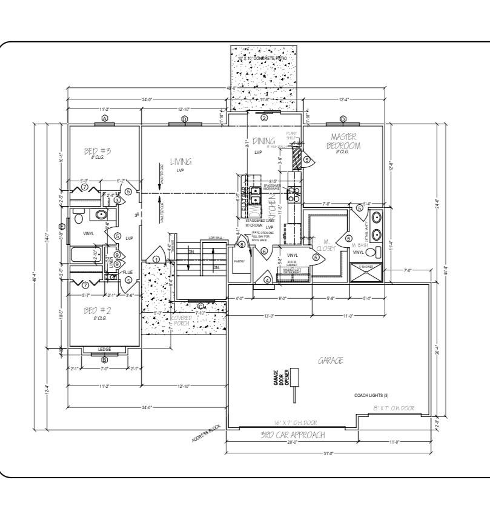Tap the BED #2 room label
[x=97, y=311]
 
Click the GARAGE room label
[x=331, y=360]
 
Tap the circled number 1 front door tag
[x=156, y=259]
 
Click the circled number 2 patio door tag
[x=264, y=118]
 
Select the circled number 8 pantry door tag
[x=242, y=245]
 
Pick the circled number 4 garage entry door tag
[x=267, y=279]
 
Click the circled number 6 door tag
[x=265, y=251]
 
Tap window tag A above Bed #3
[x=105, y=118]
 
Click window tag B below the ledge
[x=105, y=359]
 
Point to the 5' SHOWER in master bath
[x=367, y=266]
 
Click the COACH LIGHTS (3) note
[x=371, y=395]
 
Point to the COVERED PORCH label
[x=180, y=321]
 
